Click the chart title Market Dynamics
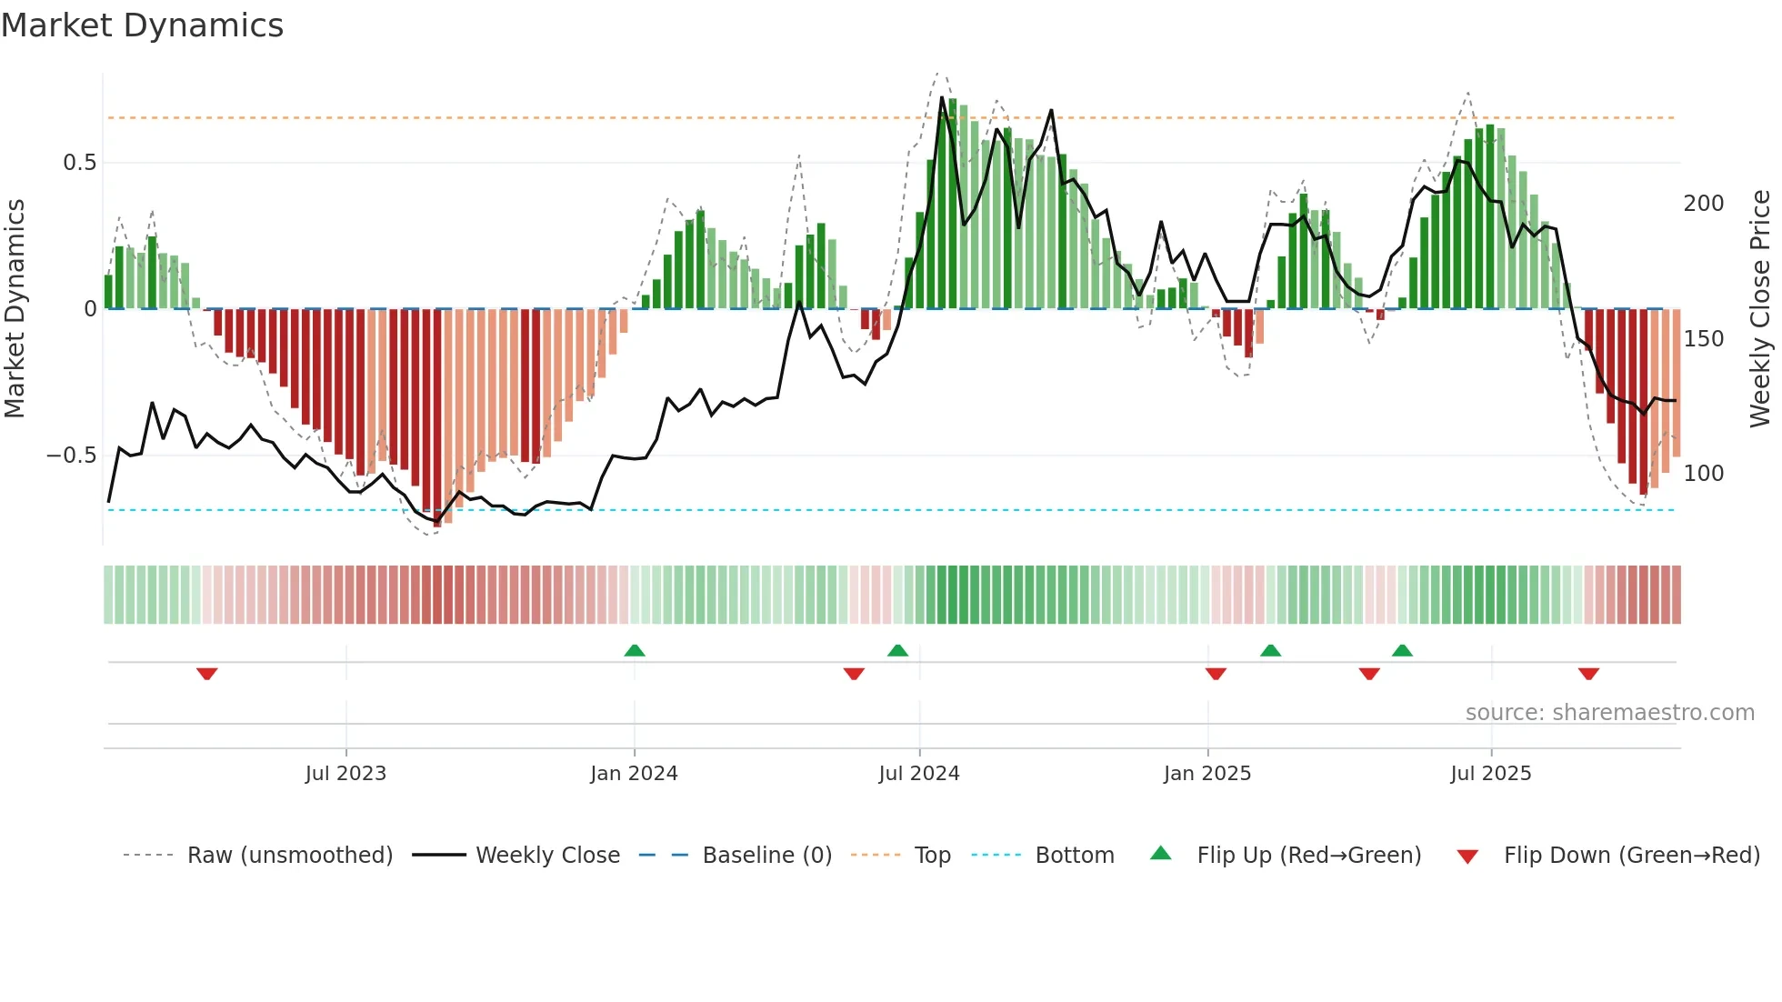point(142,25)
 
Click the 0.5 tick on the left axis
point(79,163)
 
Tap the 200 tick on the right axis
point(1703,204)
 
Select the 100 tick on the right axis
point(1703,474)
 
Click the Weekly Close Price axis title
point(1760,308)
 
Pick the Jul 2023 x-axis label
point(345,774)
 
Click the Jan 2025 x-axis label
point(1206,774)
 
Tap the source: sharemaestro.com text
point(1609,713)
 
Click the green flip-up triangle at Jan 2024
point(635,650)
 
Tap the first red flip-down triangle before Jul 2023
point(207,674)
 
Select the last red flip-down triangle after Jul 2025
point(1588,674)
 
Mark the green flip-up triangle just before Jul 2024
point(897,650)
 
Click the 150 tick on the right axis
point(1703,339)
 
